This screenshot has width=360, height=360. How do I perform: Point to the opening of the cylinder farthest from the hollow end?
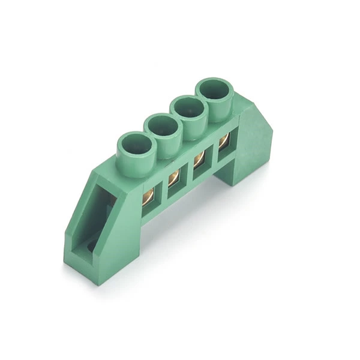click(214, 91)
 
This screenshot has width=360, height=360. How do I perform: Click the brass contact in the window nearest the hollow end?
click(148, 196)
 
